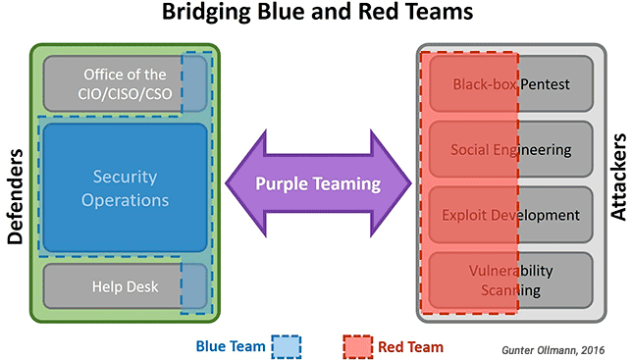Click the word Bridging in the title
pos(207,12)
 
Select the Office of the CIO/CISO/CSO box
pos(125,83)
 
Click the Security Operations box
pos(125,188)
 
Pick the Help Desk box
pos(125,286)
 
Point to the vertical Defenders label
pos(16,196)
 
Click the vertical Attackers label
pos(618,177)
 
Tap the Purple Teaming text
pos(318,183)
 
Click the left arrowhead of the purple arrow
pos(245,183)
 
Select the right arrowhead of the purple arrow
pos(391,183)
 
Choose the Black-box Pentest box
pos(511,83)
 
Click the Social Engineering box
pos(511,149)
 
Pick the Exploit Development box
pos(511,215)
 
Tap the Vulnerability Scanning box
pos(511,281)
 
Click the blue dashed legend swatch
pos(287,346)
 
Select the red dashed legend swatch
pos(357,346)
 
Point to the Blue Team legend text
pos(231,346)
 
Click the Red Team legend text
pos(411,346)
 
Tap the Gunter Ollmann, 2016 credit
pos(553,350)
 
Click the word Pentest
pos(545,84)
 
